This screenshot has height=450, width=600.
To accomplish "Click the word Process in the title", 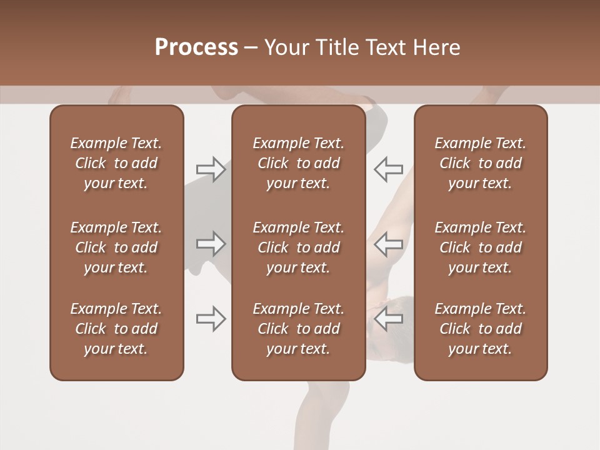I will (196, 47).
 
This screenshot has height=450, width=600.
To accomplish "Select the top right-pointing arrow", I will (211, 169).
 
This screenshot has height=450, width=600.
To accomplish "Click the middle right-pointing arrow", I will (211, 244).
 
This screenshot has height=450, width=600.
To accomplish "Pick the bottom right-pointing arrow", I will (211, 319).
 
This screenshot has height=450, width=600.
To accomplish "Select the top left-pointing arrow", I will (388, 169).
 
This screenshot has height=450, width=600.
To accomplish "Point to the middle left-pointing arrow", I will (388, 244).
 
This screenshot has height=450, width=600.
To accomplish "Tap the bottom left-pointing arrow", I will (388, 319).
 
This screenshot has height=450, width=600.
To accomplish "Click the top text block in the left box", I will (116, 163).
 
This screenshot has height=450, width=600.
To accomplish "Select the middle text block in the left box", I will (116, 247).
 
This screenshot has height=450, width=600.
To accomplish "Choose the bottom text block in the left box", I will (116, 329).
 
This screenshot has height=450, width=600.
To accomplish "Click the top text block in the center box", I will (298, 163).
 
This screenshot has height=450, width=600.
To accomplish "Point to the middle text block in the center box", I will (298, 247).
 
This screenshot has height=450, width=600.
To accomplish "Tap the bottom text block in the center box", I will (298, 329).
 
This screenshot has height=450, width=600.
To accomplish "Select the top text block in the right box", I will (480, 163).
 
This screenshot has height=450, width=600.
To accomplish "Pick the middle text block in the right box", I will (480, 247).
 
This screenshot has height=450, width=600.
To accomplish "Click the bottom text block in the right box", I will (480, 329).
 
